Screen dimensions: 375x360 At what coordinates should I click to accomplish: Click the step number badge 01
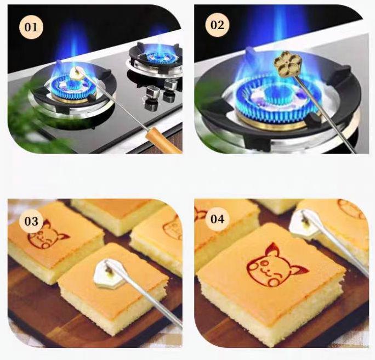[x=31, y=27]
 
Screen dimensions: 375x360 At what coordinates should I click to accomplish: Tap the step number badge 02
[x=217, y=25]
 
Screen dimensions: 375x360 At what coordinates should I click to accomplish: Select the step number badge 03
[x=31, y=221]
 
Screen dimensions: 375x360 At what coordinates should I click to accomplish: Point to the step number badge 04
[x=217, y=219]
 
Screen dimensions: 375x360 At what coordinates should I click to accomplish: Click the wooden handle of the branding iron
[x=163, y=140]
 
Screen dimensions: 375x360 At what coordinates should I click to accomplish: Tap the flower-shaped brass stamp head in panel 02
[x=283, y=63]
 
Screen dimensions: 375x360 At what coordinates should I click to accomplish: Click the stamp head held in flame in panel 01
[x=77, y=72]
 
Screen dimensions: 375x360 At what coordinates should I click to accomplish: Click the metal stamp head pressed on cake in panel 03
[x=107, y=273]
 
